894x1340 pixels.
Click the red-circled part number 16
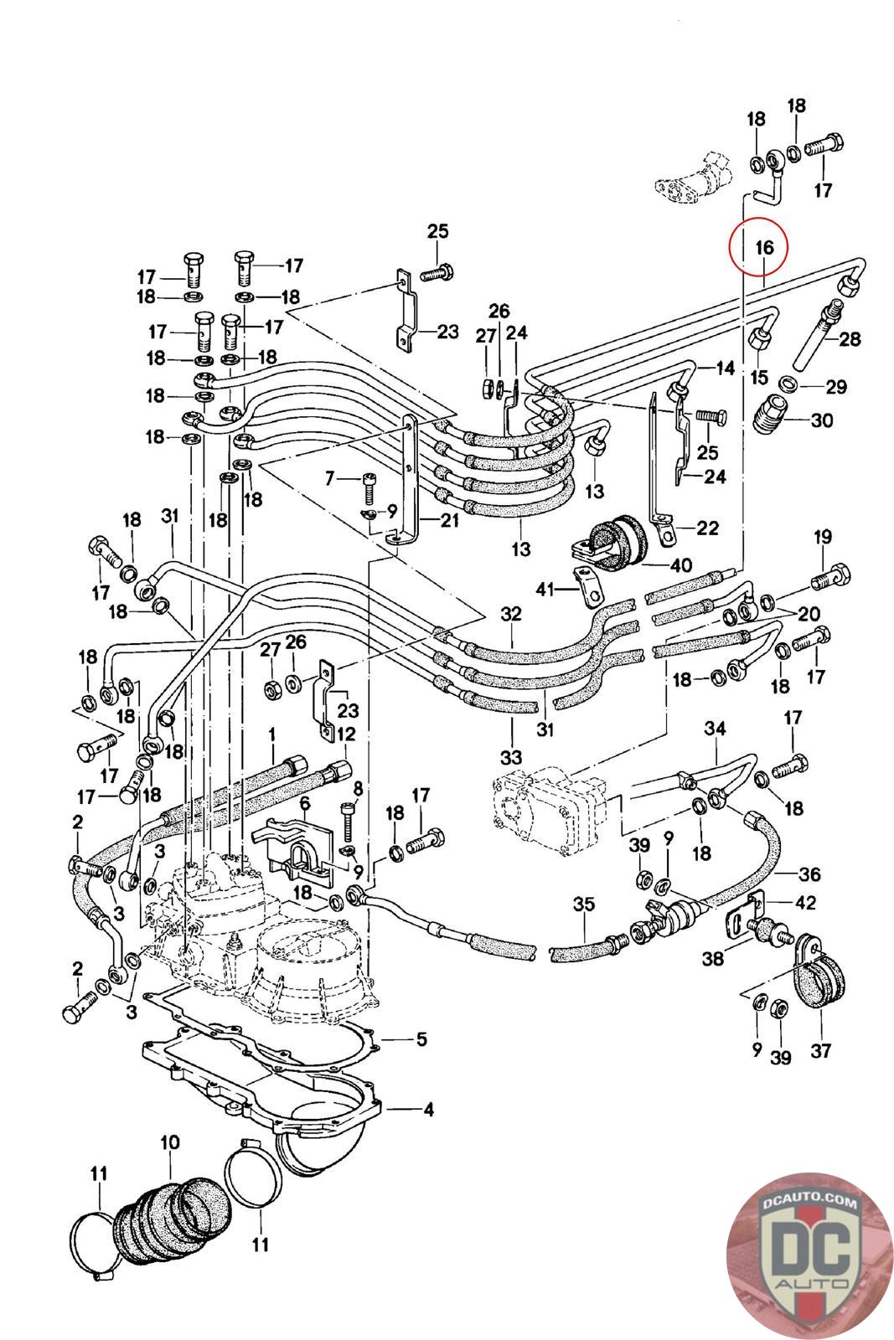(x=763, y=247)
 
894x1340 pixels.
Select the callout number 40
(x=681, y=564)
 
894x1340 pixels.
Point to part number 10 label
(x=170, y=1142)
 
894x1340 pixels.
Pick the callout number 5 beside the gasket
(x=421, y=1039)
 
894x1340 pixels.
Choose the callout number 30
(x=822, y=420)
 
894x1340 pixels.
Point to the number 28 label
(x=850, y=339)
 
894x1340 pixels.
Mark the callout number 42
(x=805, y=903)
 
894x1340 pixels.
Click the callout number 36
(x=809, y=874)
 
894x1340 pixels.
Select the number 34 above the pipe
(x=715, y=729)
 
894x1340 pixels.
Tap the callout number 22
(x=708, y=528)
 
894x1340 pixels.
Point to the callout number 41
(x=546, y=590)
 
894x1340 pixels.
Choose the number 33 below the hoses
(x=511, y=758)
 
